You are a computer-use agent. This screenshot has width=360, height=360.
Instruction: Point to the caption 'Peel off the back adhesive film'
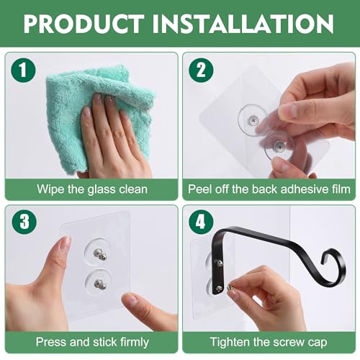(269, 190)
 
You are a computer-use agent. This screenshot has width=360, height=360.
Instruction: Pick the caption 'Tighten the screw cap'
(269, 342)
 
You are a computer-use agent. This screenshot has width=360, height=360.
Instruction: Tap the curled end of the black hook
(333, 259)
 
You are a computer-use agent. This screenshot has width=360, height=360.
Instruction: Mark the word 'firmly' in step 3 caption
(135, 342)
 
